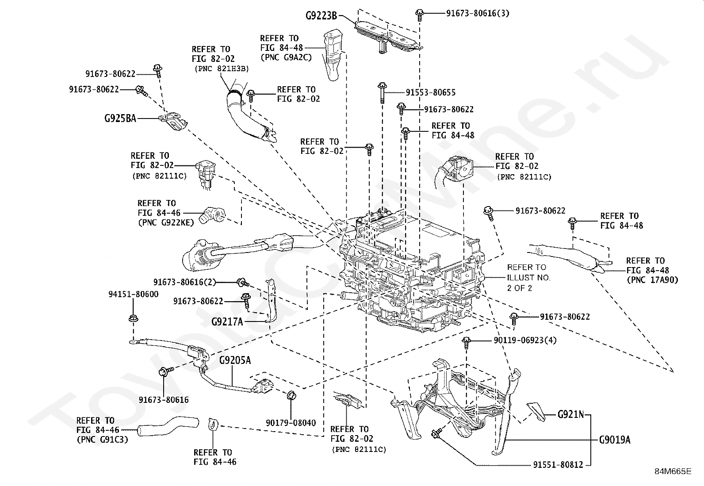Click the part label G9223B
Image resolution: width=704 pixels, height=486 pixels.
321,15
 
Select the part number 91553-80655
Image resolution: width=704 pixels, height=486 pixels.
431,92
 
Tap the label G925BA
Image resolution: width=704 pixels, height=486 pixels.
120,119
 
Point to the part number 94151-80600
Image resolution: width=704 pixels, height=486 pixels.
134,294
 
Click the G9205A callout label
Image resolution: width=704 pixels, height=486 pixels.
235,360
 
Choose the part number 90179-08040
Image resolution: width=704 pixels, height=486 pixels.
291,423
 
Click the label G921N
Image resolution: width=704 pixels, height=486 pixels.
571,415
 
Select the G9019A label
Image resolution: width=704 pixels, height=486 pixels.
615,440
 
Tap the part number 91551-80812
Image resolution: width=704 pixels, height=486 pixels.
558,465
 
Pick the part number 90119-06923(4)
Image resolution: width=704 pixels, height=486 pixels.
525,340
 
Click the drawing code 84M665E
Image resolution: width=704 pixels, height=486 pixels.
673,471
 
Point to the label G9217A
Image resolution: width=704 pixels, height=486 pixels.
227,322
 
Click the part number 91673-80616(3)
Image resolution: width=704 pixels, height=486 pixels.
478,13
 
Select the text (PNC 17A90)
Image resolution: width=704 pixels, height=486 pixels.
652,280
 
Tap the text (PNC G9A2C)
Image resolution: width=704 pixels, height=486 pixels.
286,57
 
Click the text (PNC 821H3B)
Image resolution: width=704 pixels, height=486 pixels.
222,69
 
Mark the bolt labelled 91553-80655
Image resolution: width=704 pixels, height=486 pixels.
382,92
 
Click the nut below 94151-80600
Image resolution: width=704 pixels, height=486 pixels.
133,318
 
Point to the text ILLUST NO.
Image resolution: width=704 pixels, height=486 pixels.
528,278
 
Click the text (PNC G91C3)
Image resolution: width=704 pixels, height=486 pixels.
103,440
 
